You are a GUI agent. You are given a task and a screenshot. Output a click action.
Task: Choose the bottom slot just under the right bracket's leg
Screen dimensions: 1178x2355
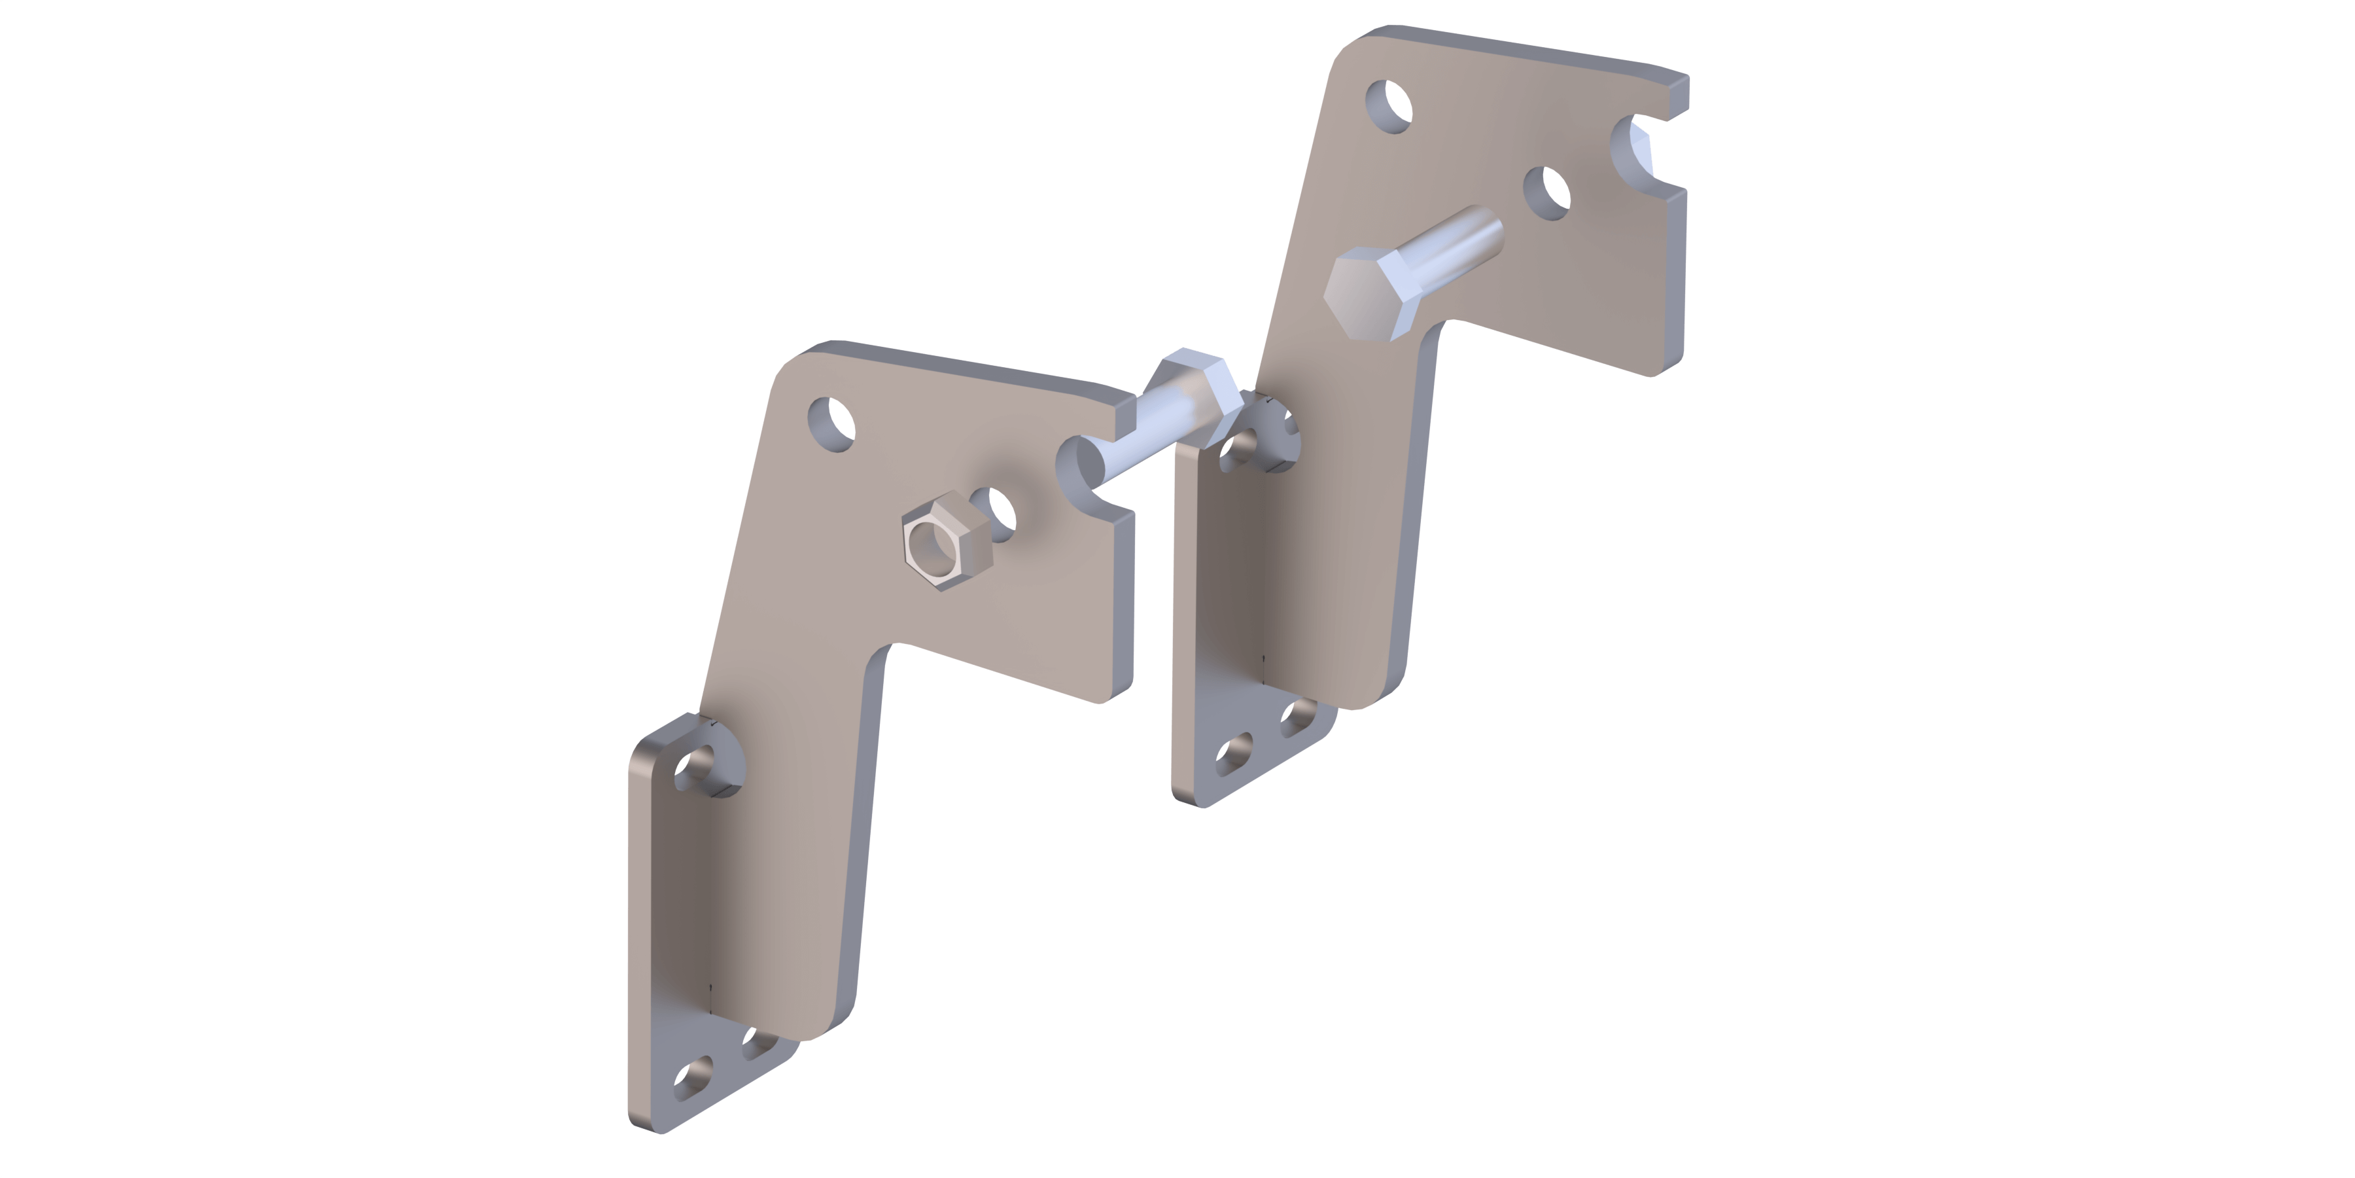pyautogui.click(x=1298, y=718)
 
